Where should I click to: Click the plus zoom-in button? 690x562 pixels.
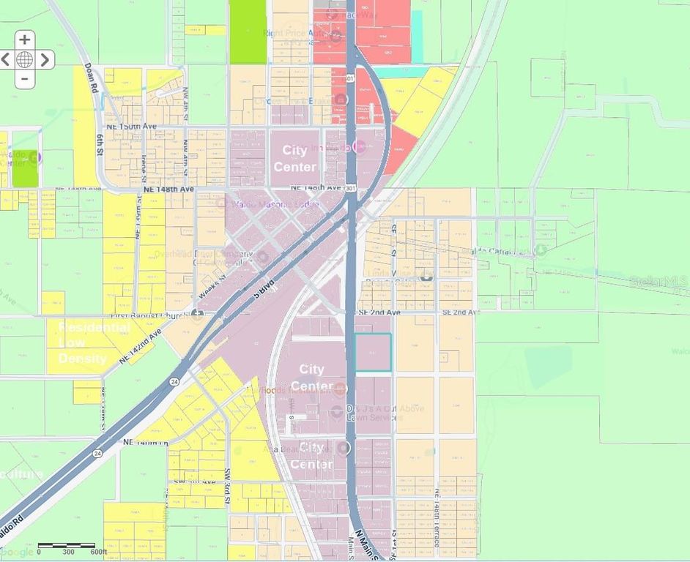(24, 40)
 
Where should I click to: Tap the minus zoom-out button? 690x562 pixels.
(24, 78)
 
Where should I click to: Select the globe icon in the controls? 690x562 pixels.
(24, 59)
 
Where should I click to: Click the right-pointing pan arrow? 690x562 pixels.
(45, 59)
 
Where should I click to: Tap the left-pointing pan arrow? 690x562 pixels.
(5, 59)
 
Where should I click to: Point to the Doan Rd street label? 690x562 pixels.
(91, 78)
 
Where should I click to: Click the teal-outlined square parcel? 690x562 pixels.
(373, 352)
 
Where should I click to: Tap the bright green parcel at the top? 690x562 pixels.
(248, 32)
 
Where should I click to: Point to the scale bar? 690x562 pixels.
(66, 546)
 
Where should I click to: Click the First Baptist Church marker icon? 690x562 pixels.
(197, 315)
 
